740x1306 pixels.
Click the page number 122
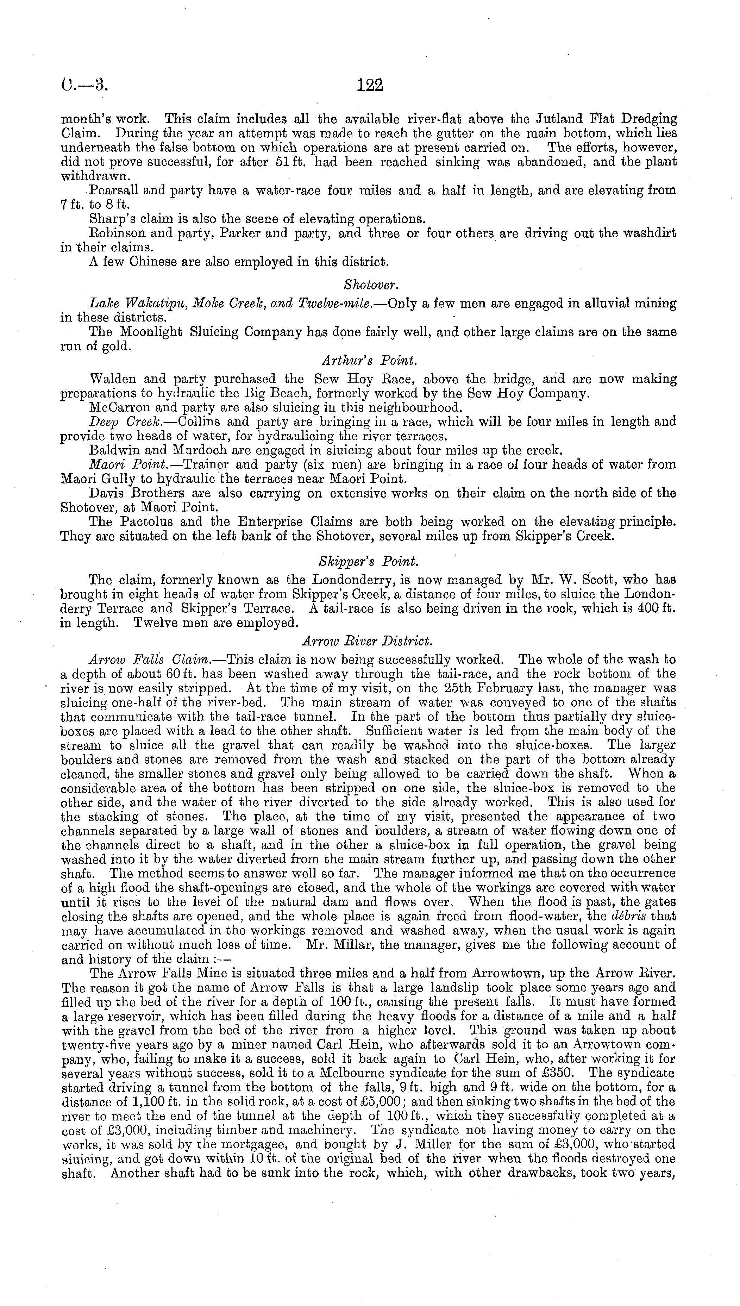pyautogui.click(x=370, y=85)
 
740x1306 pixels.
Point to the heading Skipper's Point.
pyautogui.click(x=369, y=561)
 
